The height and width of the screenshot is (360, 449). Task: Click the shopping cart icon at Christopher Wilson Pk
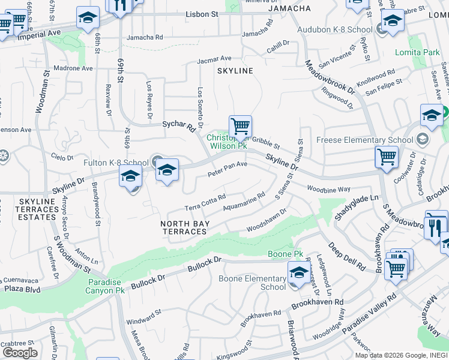pos(240,127)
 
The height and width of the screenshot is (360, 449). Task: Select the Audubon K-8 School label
pos(334,29)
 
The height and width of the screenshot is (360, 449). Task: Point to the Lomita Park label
pos(417,52)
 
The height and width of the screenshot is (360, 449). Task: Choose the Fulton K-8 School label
pos(116,162)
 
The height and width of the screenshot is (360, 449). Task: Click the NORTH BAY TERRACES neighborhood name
pos(185,227)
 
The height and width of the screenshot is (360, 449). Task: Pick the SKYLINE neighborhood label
pos(235,71)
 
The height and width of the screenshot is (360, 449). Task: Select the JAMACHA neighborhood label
pos(289,8)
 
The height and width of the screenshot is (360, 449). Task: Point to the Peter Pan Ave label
pos(228,168)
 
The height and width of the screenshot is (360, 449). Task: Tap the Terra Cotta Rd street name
pos(205,202)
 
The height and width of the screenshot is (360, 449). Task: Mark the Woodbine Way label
pos(328,189)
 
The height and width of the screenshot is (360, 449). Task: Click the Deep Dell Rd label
pos(346,256)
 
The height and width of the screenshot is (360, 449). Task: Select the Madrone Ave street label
pos(73,68)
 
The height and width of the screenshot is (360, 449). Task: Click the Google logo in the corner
pos(20,352)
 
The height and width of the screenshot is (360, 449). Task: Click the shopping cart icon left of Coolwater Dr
pos(387,157)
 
